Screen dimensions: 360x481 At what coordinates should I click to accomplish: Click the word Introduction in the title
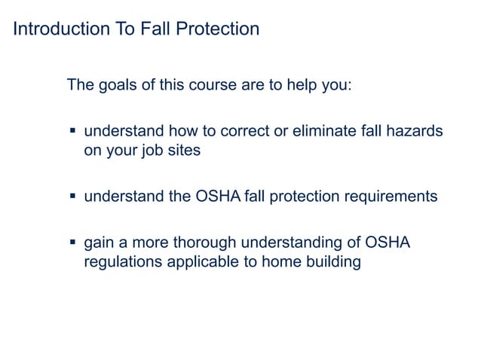tap(57, 30)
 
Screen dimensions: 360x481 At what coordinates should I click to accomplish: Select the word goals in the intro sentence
tap(117, 84)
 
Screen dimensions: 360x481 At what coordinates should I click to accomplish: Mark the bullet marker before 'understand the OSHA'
tap(73, 197)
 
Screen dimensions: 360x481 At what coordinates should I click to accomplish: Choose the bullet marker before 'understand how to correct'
tap(73, 130)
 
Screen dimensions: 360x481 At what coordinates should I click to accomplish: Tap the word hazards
tap(414, 131)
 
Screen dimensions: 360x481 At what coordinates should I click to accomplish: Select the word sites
tap(185, 150)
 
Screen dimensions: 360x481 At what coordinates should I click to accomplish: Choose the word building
tap(332, 263)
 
